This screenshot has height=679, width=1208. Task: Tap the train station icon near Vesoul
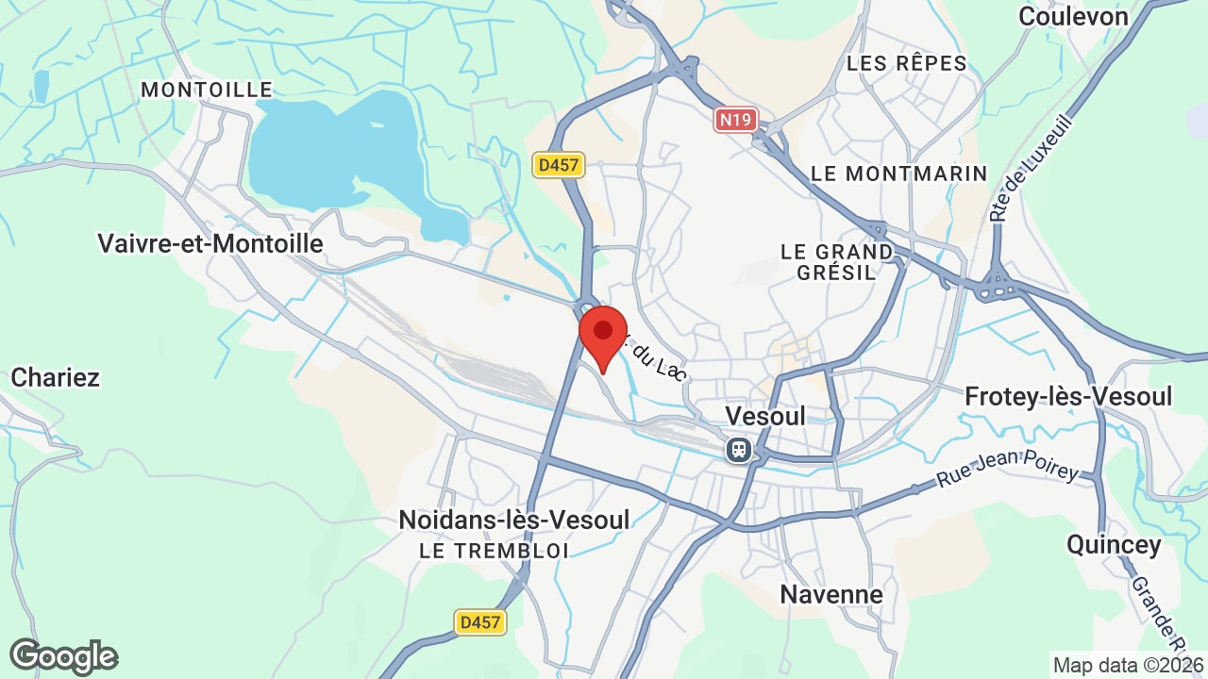click(739, 450)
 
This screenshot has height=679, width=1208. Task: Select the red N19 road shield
click(736, 120)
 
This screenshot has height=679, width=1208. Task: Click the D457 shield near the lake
click(559, 165)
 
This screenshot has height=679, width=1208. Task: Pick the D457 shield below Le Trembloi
click(479, 622)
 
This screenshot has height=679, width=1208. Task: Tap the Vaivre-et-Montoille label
click(210, 243)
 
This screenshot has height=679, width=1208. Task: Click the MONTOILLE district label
click(207, 90)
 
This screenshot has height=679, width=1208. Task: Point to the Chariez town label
click(55, 377)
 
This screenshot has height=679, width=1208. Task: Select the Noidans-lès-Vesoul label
click(513, 519)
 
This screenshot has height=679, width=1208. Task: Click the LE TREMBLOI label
click(494, 551)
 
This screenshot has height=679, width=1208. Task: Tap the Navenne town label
click(831, 594)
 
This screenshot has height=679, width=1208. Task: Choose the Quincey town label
click(1114, 544)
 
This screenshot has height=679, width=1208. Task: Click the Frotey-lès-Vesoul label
click(1068, 396)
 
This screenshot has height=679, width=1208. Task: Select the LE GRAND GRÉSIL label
click(836, 262)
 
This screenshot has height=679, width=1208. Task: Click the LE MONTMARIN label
click(898, 174)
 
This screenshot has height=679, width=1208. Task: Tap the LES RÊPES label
click(907, 63)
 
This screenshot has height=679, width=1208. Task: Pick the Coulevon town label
click(1073, 16)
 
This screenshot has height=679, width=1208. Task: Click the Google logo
click(63, 656)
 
